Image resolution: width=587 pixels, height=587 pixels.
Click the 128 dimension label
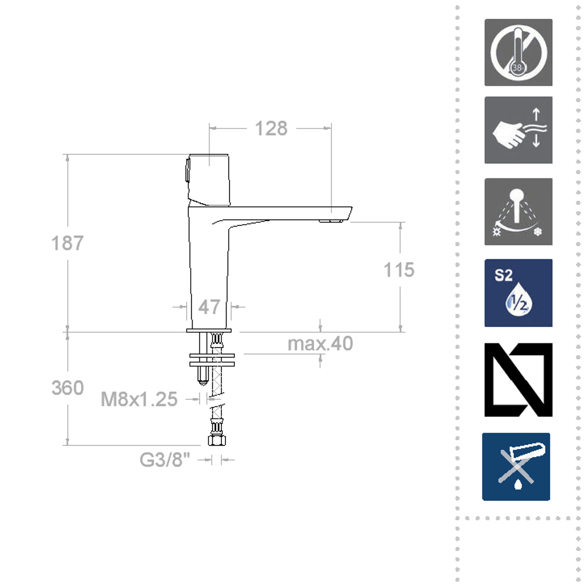271,128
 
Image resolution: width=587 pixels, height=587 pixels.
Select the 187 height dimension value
68,243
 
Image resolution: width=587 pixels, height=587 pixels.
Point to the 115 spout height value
399,269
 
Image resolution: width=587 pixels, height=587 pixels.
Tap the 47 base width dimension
209,306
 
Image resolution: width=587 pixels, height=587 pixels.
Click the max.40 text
321,343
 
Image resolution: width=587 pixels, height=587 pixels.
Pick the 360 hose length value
68,388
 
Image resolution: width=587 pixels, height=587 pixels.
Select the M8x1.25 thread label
139,399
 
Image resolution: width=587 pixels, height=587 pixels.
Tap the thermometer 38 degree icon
518,52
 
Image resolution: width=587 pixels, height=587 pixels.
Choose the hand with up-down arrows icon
518,130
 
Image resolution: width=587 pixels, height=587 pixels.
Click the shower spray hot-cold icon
518,212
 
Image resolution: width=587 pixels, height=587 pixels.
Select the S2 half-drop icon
518,293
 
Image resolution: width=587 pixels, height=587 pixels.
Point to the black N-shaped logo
518,380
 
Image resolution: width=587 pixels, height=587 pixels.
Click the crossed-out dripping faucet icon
517,467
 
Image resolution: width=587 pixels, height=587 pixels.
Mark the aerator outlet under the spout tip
330,221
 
